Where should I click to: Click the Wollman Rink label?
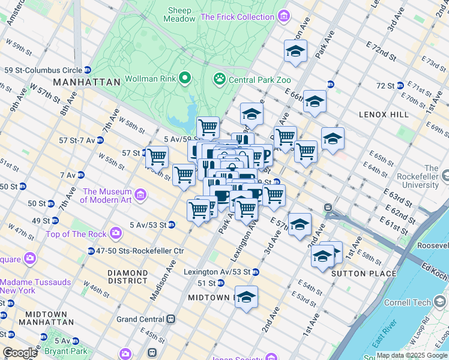click(151, 79)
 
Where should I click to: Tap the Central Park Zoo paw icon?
click(219, 79)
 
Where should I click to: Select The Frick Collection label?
click(237, 17)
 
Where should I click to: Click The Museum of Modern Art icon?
click(140, 194)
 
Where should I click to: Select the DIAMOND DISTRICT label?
click(127, 277)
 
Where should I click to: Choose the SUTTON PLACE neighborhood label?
click(366, 274)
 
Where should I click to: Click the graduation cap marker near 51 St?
click(246, 296)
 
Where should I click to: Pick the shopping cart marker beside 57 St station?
click(157, 157)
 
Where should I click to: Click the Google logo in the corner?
click(20, 353)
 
